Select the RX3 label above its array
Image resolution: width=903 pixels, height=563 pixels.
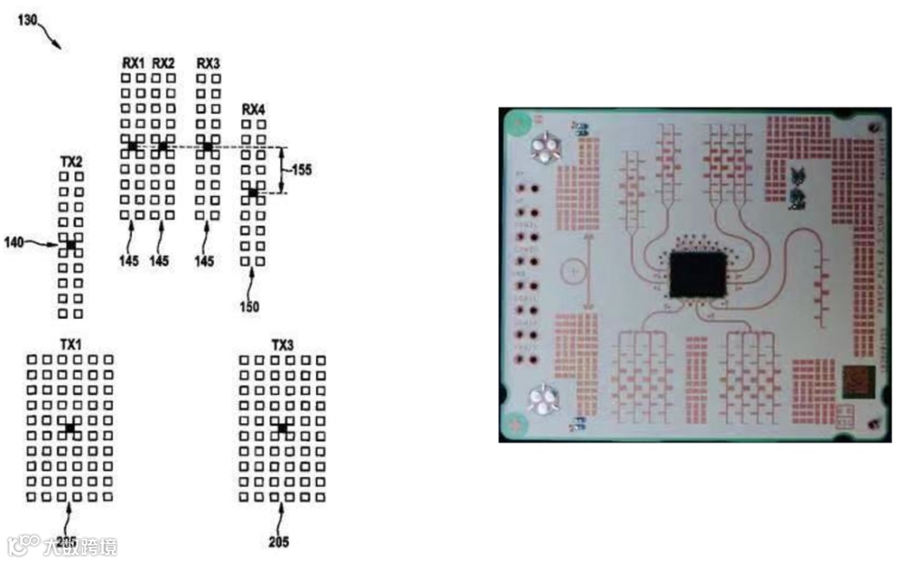coord(208,64)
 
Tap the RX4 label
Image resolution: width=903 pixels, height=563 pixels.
coord(254,110)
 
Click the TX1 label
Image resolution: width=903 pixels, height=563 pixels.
coord(71,345)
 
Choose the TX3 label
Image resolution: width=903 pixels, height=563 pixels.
coord(283,345)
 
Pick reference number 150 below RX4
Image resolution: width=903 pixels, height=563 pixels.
coord(248,306)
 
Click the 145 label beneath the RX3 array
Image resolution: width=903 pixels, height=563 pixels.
coord(205,262)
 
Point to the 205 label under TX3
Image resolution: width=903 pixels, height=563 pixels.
coord(278,542)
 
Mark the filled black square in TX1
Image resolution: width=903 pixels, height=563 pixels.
coord(70,427)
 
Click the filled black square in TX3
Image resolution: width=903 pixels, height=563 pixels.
coord(283,427)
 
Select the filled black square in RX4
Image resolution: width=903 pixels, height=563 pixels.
coord(253,193)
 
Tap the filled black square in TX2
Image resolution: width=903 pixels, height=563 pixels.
coord(71,244)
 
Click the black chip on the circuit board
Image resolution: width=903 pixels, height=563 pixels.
coord(698,276)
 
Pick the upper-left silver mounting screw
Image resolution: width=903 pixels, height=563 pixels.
coord(545,149)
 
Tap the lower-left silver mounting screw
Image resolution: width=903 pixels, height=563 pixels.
coord(543,400)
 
